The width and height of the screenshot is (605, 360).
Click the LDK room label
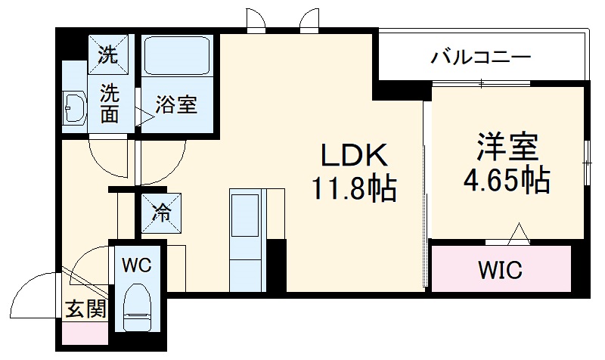355,157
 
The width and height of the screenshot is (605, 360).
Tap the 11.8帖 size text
355,189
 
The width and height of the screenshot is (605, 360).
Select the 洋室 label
506,147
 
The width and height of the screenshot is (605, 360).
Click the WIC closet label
500,270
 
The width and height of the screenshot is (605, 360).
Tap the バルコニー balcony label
481,57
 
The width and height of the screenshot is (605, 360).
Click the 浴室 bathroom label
177,105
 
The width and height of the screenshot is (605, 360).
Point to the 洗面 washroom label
110,104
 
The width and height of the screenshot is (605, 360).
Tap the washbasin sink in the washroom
73,109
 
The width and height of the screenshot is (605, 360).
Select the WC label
138,265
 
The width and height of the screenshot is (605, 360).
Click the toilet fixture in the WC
139,306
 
